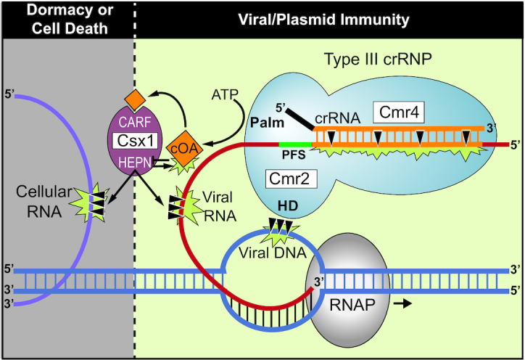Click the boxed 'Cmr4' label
pyautogui.click(x=394, y=112)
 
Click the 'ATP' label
pyautogui.click(x=226, y=94)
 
